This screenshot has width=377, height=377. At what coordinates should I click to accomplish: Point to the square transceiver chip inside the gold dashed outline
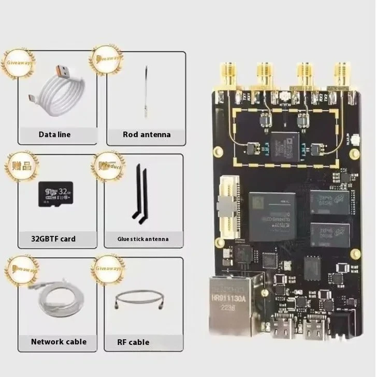click(x=284, y=145)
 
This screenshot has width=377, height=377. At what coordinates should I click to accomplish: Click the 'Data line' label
click(x=54, y=134)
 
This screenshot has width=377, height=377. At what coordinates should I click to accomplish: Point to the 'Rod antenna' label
click(x=147, y=134)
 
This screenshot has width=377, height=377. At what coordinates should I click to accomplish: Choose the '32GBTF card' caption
click(x=53, y=238)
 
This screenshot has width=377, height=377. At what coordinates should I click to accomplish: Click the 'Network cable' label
click(x=59, y=341)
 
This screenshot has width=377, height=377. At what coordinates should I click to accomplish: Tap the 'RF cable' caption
click(x=133, y=342)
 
